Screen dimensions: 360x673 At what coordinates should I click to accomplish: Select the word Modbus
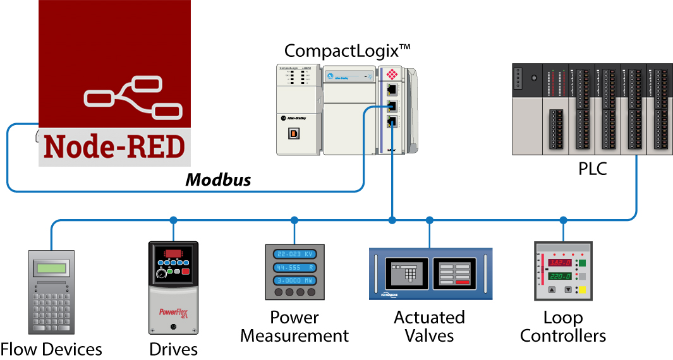tap(218, 180)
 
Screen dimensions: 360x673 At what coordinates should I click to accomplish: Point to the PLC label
tap(593, 169)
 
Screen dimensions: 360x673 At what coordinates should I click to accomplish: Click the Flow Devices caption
tap(51, 349)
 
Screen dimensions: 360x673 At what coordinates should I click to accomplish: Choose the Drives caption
tap(173, 349)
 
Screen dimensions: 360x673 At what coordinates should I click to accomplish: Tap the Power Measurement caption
tap(294, 327)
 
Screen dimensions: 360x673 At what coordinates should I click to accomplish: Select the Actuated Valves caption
tap(429, 327)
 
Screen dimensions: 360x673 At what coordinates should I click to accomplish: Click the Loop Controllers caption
tap(563, 327)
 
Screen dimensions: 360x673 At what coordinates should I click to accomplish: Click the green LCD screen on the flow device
tap(51, 268)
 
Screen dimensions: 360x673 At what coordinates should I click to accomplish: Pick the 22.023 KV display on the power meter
tap(294, 254)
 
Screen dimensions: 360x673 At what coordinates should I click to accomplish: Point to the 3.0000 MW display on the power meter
tap(294, 280)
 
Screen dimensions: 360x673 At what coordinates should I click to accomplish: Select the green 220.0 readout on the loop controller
tap(560, 276)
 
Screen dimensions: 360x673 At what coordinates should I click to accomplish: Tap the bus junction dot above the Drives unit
tap(173, 220)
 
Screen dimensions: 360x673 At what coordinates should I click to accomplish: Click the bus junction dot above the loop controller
tap(563, 220)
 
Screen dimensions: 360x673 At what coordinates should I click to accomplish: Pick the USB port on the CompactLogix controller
tap(293, 133)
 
